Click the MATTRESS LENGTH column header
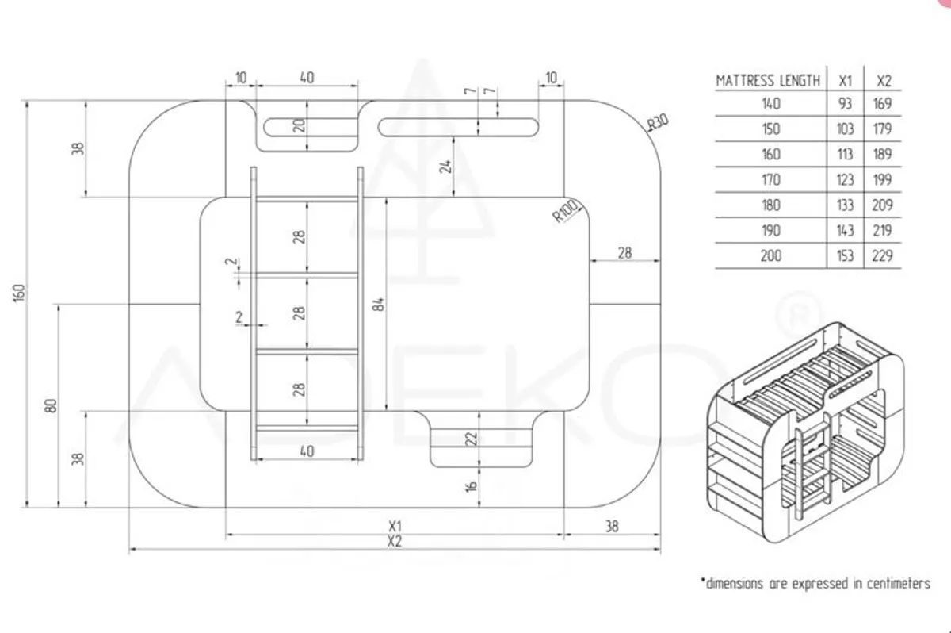(768, 80)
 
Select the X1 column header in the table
(846, 80)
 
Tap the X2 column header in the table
(884, 80)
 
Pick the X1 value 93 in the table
(846, 103)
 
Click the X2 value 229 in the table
(884, 255)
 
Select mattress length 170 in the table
(770, 179)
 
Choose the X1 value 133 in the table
(846, 205)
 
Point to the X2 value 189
(884, 154)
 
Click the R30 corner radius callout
(658, 122)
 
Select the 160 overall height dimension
(21, 292)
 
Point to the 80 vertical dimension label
(52, 405)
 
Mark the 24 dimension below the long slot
(445, 166)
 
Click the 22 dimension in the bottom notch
(472, 439)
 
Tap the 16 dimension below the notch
(472, 486)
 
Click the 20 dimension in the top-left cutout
(300, 126)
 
